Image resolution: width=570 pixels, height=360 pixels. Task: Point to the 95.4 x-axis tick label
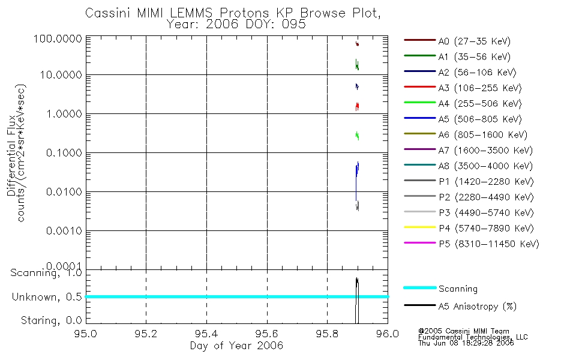(x=206, y=333)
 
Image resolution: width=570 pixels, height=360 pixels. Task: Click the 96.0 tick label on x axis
(x=388, y=333)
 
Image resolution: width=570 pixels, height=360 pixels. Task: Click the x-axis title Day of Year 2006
(x=236, y=346)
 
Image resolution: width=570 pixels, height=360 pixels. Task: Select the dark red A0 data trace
(x=357, y=43)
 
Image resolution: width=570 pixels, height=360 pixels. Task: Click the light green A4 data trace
(x=357, y=136)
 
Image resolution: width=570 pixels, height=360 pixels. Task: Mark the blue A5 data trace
(x=357, y=171)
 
